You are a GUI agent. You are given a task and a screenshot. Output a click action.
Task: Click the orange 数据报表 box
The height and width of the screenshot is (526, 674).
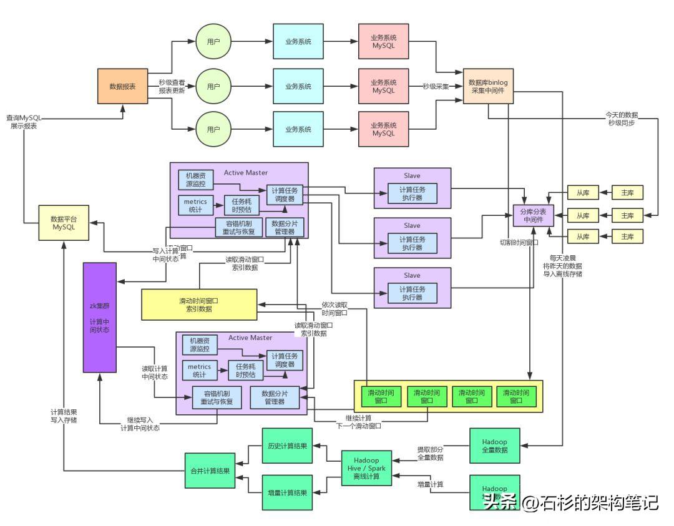click(123, 86)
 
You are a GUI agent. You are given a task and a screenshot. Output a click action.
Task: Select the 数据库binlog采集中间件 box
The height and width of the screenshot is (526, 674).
click(491, 86)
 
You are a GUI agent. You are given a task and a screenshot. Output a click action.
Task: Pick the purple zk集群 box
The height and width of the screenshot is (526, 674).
click(100, 317)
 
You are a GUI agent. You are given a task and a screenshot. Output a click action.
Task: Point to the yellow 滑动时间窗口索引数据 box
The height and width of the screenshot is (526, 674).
click(199, 304)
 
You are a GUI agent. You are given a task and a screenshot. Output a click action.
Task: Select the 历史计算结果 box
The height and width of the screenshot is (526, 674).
click(286, 446)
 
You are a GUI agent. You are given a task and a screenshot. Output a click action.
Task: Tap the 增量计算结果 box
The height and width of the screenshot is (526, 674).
click(286, 493)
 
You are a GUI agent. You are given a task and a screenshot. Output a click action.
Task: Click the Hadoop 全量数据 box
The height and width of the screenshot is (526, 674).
click(494, 446)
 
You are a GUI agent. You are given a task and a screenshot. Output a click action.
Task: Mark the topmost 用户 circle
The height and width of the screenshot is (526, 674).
click(213, 42)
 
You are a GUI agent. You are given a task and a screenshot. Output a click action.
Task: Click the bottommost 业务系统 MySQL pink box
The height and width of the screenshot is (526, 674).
click(384, 129)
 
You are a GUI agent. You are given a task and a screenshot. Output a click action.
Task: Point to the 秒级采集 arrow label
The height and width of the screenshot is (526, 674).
click(436, 87)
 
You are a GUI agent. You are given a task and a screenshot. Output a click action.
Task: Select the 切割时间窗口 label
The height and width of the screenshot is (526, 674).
click(519, 242)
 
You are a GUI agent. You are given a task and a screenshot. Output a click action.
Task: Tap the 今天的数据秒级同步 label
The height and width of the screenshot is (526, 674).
click(622, 119)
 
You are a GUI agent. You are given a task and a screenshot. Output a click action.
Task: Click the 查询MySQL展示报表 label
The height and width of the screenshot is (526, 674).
click(24, 121)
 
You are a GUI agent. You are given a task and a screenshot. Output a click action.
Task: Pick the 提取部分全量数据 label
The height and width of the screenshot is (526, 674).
click(431, 453)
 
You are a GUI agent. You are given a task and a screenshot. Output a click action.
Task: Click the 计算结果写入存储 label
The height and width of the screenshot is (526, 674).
click(64, 416)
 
